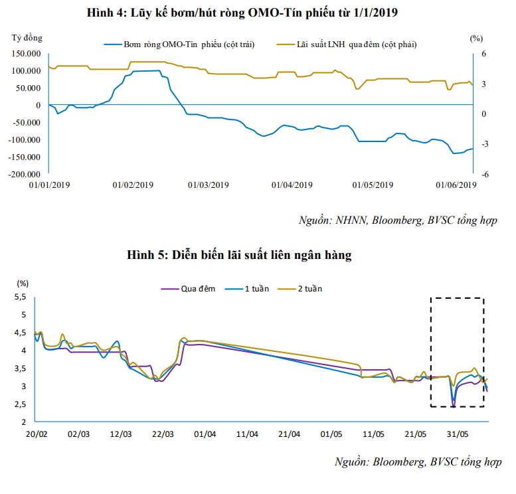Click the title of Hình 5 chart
coord(257,255)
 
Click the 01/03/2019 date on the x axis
coord(208,185)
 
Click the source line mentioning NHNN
coord(397,220)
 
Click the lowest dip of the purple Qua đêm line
coord(453,406)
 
